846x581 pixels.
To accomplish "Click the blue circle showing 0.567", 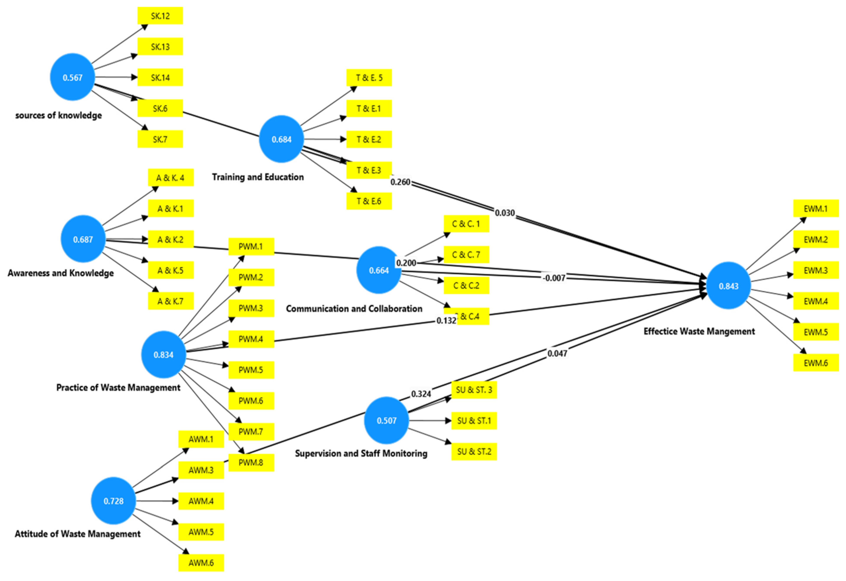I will pos(72,77).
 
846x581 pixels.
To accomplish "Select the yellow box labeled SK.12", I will pos(160,16).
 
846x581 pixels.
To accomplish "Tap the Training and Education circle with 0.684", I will pos(281,139).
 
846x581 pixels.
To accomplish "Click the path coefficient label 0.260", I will pos(400,182).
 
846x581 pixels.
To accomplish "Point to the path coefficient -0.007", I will pos(554,278).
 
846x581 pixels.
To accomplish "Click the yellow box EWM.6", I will pos(816,363).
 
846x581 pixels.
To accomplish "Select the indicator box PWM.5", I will pos(251,370).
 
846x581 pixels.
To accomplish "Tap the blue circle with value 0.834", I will pos(163,355).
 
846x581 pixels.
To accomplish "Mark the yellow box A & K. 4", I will pos(170,178).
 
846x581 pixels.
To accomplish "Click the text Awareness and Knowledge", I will pos(60,273).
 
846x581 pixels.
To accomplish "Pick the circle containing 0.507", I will pos(386,420).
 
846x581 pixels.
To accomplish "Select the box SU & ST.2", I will pos(474,451).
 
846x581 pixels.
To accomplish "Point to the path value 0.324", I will pos(421,394).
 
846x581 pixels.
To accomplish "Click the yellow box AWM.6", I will pos(201,563).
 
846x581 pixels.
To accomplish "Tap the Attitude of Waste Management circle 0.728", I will pos(113,501).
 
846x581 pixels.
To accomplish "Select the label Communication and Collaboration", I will pos(354,309).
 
